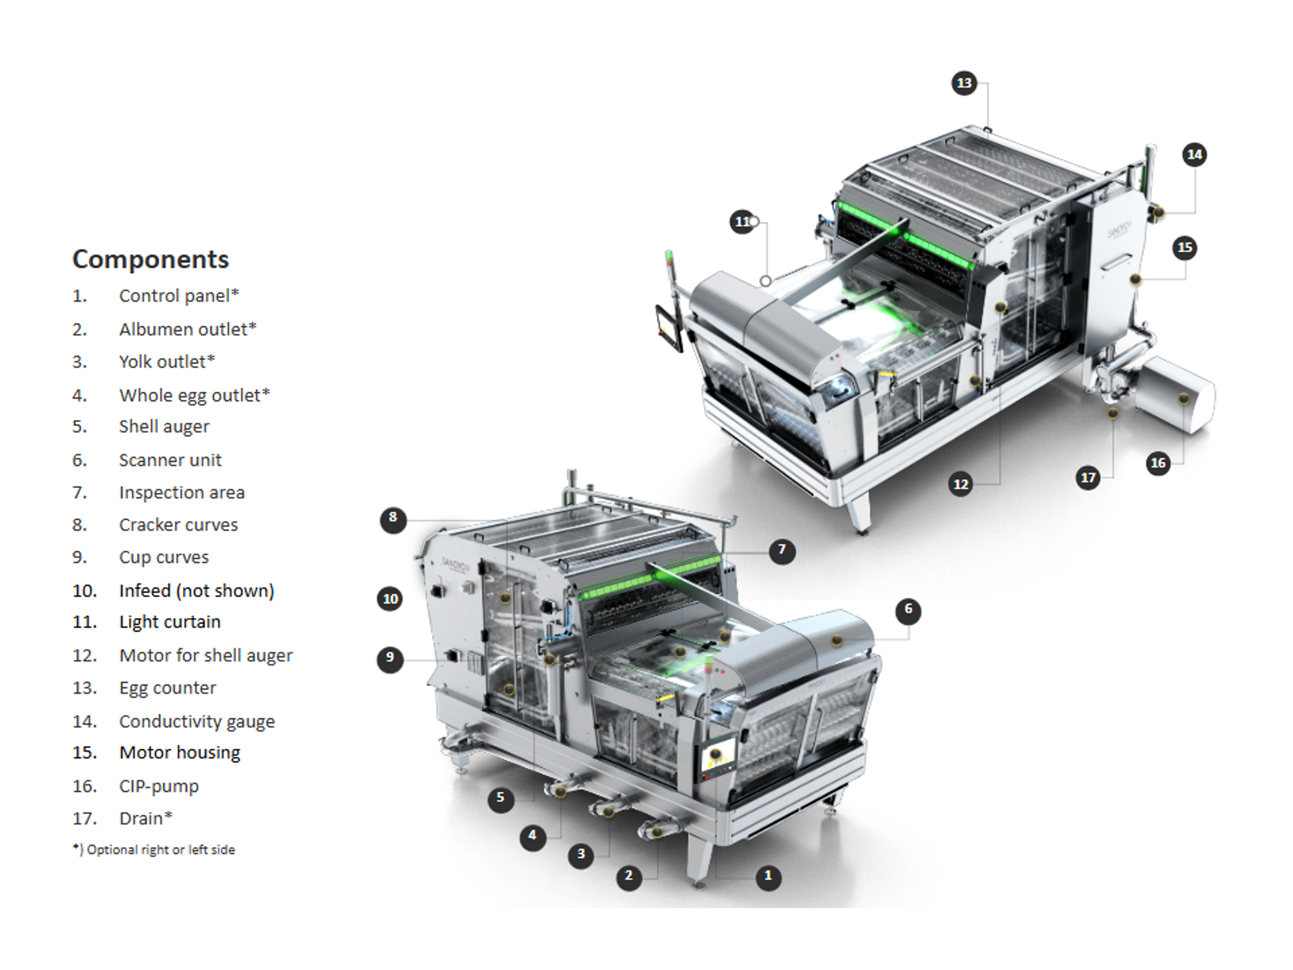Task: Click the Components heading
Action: point(150,259)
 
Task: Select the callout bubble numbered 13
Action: point(964,83)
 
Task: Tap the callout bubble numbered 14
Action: point(1195,155)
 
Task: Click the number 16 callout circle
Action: point(1158,463)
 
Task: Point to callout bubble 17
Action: point(1088,478)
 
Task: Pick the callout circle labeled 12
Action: point(961,484)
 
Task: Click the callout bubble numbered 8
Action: point(393,519)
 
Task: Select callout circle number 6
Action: point(908,610)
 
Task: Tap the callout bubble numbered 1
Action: point(768,876)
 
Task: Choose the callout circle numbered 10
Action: point(391,599)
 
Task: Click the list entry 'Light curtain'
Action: point(170,622)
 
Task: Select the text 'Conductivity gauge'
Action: point(197,721)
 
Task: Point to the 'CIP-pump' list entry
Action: point(159,786)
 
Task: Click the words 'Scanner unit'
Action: point(170,460)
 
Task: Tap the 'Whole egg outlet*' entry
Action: point(194,395)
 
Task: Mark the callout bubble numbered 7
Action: point(782,551)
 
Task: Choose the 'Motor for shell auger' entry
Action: point(205,655)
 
